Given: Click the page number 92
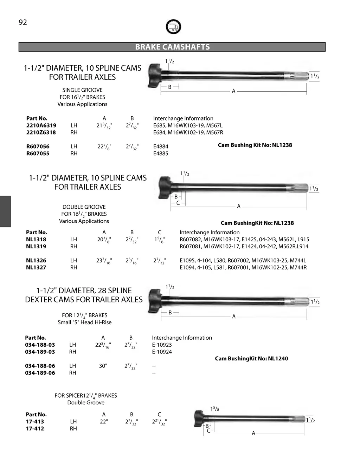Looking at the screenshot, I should (x=22, y=22).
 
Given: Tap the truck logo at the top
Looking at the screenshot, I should (x=173, y=26).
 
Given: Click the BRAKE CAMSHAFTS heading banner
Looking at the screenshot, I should (x=172, y=47).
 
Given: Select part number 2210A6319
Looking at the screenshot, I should (x=41, y=125).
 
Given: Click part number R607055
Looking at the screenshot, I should (x=38, y=154).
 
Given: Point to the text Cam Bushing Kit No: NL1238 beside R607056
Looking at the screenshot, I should (x=255, y=145).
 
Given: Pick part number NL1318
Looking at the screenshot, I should (x=36, y=239).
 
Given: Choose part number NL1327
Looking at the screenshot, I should (x=36, y=267).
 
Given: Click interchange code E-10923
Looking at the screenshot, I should (x=162, y=345).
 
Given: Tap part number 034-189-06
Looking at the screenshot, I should (x=40, y=373).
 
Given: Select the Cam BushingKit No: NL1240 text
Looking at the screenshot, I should (x=251, y=359).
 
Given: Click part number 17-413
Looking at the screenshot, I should (x=35, y=422).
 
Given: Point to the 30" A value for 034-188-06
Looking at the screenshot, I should (x=103, y=366).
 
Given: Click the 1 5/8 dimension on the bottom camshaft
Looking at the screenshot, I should (x=215, y=409).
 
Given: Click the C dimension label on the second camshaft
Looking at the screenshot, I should (x=178, y=203).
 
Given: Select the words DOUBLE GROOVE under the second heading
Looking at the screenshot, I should (x=84, y=207).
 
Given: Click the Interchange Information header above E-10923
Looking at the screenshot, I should (x=182, y=338).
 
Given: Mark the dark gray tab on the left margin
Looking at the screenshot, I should (x=5, y=211).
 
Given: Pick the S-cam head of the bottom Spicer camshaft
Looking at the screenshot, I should (x=199, y=418).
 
